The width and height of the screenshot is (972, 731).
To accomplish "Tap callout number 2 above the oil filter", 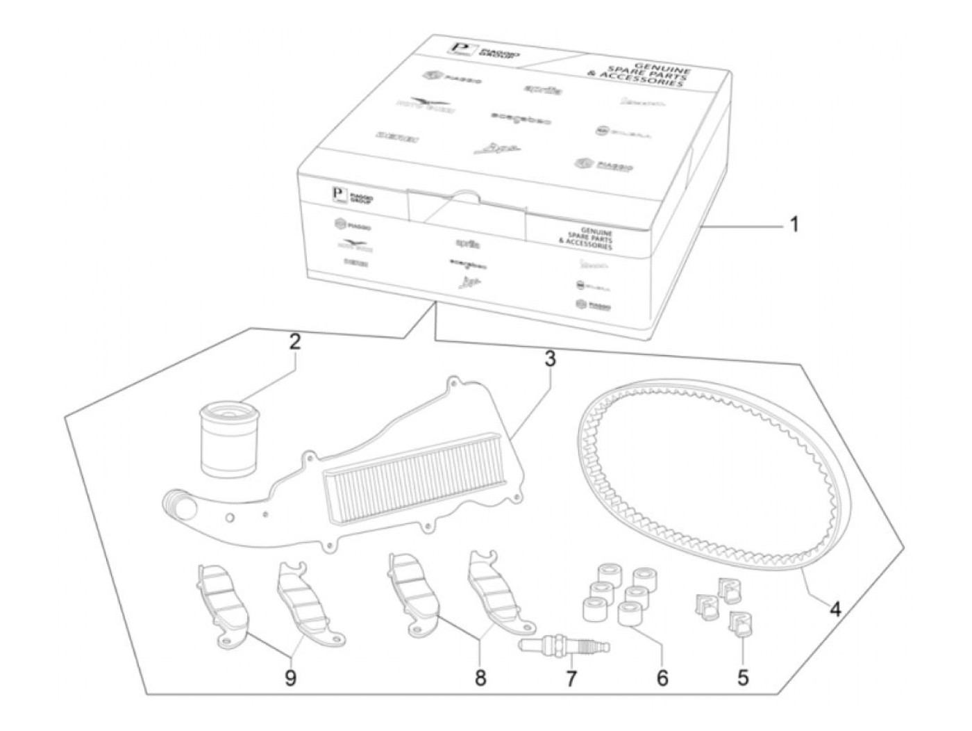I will click(295, 342).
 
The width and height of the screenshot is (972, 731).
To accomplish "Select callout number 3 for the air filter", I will click(550, 359).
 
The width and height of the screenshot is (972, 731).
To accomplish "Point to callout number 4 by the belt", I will click(835, 609).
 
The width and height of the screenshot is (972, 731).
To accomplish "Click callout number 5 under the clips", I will click(743, 677).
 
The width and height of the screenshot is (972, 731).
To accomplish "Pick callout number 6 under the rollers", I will click(662, 677).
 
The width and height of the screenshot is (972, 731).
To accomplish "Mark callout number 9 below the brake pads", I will click(290, 677).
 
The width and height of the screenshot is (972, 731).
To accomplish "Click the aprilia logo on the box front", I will click(467, 243).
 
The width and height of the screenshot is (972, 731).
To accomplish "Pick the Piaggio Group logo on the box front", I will click(353, 197).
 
